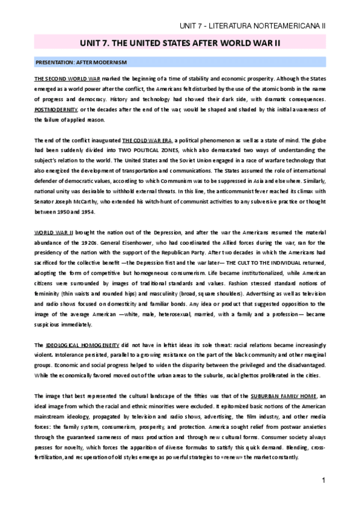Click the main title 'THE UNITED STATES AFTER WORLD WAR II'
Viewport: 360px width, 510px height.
point(180,44)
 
